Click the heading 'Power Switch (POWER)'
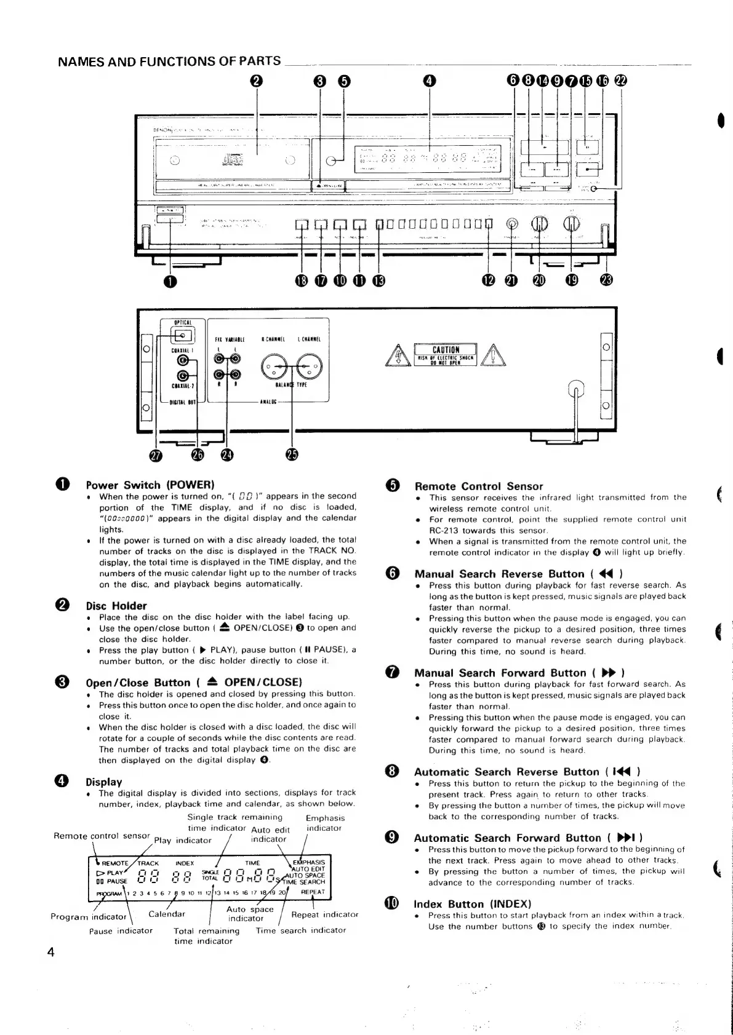coord(150,485)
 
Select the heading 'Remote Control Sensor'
coord(478,486)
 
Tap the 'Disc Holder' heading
coord(116,606)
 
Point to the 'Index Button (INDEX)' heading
coord(472,904)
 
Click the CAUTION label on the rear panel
coord(446,350)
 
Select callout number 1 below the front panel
coord(170,281)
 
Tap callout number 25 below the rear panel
coord(292,454)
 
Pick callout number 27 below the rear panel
coord(153,454)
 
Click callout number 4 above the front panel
coord(430,81)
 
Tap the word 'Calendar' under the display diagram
coord(167,914)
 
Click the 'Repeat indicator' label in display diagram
coord(324,914)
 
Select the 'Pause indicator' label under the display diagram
coord(121,930)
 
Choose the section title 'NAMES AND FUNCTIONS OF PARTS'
coord(169,61)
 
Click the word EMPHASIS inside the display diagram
coord(311,862)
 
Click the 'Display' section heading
coord(103,782)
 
